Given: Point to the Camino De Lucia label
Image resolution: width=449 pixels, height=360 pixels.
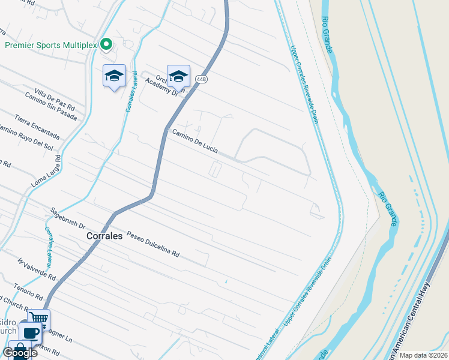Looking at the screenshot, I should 195,142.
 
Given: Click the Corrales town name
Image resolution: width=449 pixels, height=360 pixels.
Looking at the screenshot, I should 104,236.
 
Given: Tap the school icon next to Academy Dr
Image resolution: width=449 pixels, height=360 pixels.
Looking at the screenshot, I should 178,76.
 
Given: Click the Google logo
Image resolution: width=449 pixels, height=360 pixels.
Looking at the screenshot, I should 20,353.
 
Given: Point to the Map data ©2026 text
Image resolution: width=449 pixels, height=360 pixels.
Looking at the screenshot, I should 423,355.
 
